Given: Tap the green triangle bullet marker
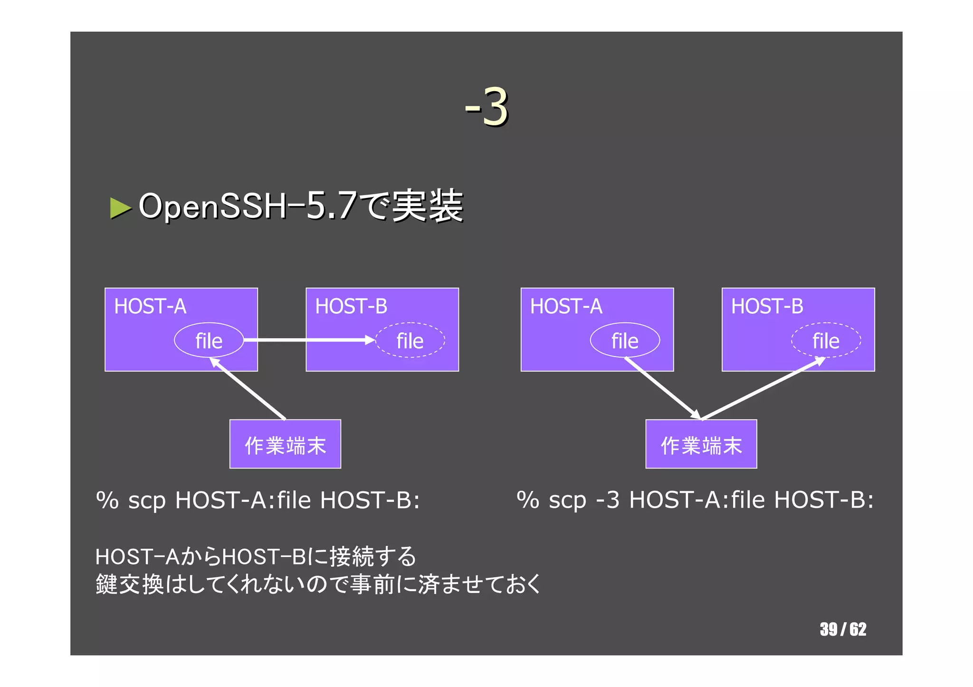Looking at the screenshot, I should [120, 208].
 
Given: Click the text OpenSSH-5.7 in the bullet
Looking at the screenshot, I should [247, 206].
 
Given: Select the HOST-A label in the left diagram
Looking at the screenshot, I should [150, 306].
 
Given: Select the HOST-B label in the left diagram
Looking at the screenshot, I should [351, 306].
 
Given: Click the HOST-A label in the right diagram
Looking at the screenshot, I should [566, 306].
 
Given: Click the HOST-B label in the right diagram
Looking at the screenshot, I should [767, 306].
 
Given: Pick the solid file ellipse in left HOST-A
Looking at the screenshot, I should [209, 340].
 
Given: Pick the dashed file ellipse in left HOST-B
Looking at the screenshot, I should [410, 340].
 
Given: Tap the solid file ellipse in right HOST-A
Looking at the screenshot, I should [625, 340].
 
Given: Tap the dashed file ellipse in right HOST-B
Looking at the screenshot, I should [826, 340].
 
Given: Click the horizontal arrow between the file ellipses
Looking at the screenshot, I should [309, 340].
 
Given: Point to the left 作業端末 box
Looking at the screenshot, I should [285, 444].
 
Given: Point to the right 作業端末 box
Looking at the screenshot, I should [701, 444].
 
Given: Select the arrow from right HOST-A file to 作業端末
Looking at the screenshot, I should [663, 388].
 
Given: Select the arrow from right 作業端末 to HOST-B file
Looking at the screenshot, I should [763, 388].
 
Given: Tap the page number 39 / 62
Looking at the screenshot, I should [843, 630].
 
